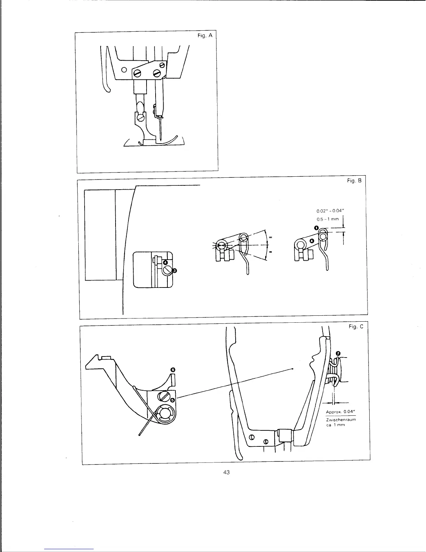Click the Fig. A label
pyautogui.click(x=205, y=36)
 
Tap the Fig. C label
pyautogui.click(x=356, y=327)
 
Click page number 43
pyautogui.click(x=227, y=472)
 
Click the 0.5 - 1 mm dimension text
pyautogui.click(x=328, y=219)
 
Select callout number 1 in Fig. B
pyautogui.click(x=316, y=228)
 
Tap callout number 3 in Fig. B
pyautogui.click(x=175, y=270)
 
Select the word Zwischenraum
pyautogui.click(x=341, y=420)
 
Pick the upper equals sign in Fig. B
pyautogui.click(x=270, y=237)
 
